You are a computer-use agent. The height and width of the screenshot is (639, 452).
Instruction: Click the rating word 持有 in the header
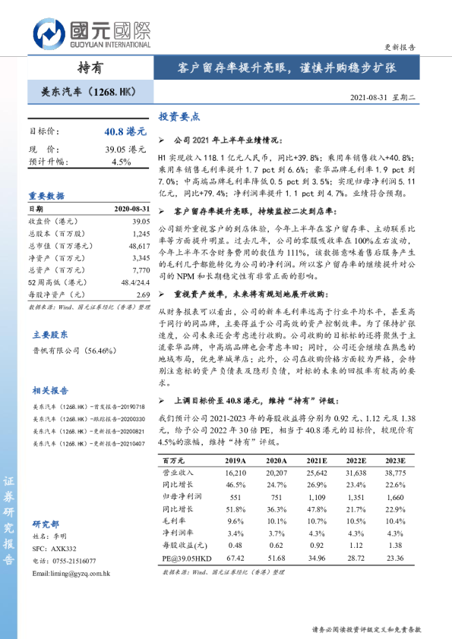89,67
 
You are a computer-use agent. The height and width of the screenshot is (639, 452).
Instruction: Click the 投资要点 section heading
179,117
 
